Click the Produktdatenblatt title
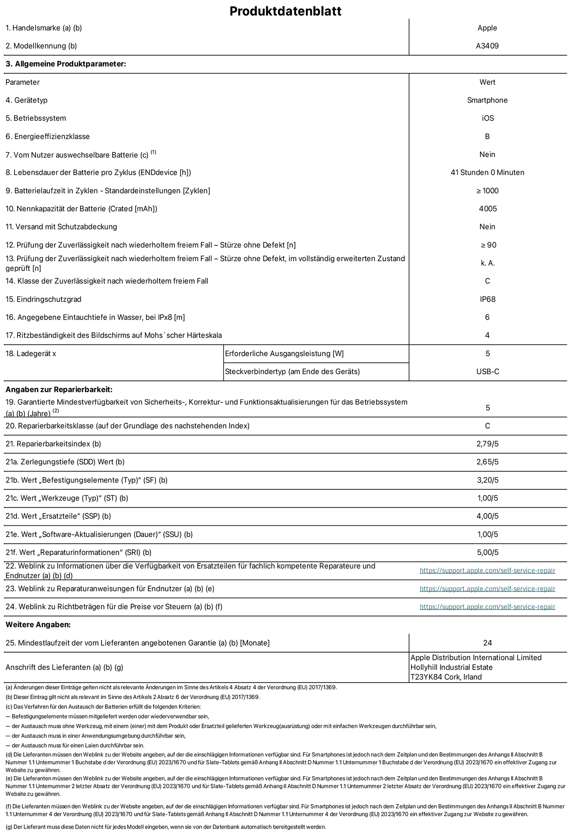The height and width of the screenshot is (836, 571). [x=285, y=11]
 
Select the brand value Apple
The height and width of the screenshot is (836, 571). [x=487, y=28]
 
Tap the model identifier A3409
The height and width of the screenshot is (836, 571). [x=487, y=46]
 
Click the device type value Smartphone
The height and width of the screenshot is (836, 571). [x=487, y=100]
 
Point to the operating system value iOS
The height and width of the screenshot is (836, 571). [x=488, y=118]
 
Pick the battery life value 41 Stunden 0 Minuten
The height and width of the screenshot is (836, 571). [x=487, y=172]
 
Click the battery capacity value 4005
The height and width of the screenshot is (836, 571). [x=488, y=209]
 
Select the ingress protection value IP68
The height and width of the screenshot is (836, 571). [x=488, y=299]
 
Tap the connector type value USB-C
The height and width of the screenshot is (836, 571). [x=488, y=372]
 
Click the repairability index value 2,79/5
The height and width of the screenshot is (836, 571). [x=487, y=444]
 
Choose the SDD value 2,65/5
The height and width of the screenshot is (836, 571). [x=487, y=462]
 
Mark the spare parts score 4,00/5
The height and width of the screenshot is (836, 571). [x=487, y=516]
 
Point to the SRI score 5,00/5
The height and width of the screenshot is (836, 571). [x=487, y=552]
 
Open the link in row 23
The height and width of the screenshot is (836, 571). [x=487, y=589]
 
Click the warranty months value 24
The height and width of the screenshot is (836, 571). [x=487, y=643]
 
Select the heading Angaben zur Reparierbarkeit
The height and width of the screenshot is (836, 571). [x=59, y=390]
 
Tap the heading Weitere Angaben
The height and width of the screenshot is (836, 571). [x=38, y=625]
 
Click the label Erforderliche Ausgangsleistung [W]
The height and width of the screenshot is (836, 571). [x=284, y=354]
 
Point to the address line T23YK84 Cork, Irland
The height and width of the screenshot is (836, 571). [x=446, y=677]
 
